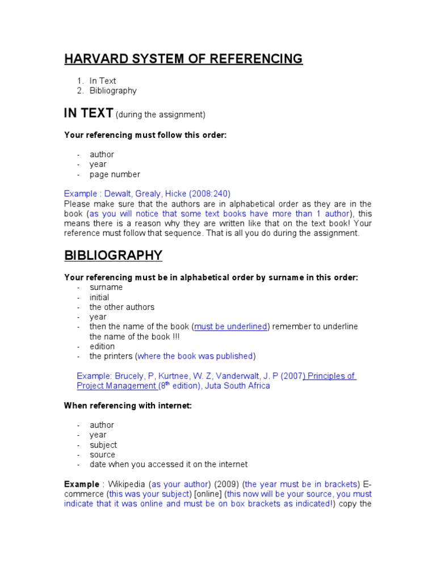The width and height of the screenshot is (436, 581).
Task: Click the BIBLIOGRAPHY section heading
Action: click(x=113, y=255)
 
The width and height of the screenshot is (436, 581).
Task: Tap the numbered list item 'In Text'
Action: click(x=102, y=81)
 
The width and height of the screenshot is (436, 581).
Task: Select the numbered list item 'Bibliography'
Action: click(x=113, y=91)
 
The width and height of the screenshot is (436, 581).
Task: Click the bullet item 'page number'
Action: click(x=115, y=174)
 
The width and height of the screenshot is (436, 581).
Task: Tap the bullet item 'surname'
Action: click(x=106, y=287)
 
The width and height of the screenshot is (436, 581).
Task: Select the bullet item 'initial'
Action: click(x=99, y=297)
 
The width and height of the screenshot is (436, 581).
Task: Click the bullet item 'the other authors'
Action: click(x=121, y=307)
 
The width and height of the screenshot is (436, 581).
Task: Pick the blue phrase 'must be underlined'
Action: click(x=230, y=327)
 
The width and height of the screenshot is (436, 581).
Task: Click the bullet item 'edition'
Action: click(x=102, y=346)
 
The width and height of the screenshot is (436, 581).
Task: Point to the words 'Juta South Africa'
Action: click(x=237, y=386)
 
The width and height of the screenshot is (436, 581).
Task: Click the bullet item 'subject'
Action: click(x=103, y=445)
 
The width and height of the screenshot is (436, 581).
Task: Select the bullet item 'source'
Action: click(x=102, y=454)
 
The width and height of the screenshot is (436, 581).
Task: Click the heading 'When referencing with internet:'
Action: click(x=128, y=406)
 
